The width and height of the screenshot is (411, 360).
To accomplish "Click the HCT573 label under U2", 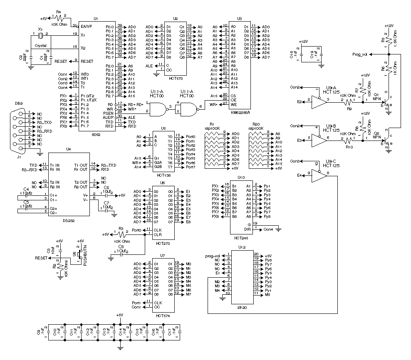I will [x=175, y=78].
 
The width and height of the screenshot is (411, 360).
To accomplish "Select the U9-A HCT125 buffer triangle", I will [x=318, y=100].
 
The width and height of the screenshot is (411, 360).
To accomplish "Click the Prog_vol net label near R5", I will [x=360, y=54].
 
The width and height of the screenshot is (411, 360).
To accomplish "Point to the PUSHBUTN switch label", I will [x=85, y=255].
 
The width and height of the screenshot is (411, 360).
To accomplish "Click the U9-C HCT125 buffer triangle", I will [x=319, y=176].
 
